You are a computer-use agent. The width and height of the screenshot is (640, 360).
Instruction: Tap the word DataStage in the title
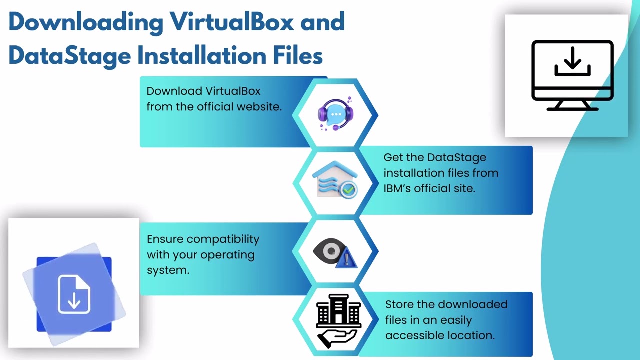point(70,55)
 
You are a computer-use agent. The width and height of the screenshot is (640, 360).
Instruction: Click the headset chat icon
point(335,113)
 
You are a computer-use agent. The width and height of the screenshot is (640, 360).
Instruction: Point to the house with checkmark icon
point(335,179)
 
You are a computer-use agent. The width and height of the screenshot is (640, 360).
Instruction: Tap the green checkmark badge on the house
point(349,189)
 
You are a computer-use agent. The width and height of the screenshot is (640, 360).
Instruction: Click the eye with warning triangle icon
point(335,253)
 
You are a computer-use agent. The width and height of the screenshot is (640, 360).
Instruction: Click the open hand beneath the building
point(337,339)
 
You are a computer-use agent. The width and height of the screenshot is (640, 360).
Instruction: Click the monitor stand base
point(572,109)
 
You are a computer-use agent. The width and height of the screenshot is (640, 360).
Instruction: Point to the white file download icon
point(74,294)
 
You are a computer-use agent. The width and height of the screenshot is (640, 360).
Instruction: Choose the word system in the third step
point(168,270)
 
